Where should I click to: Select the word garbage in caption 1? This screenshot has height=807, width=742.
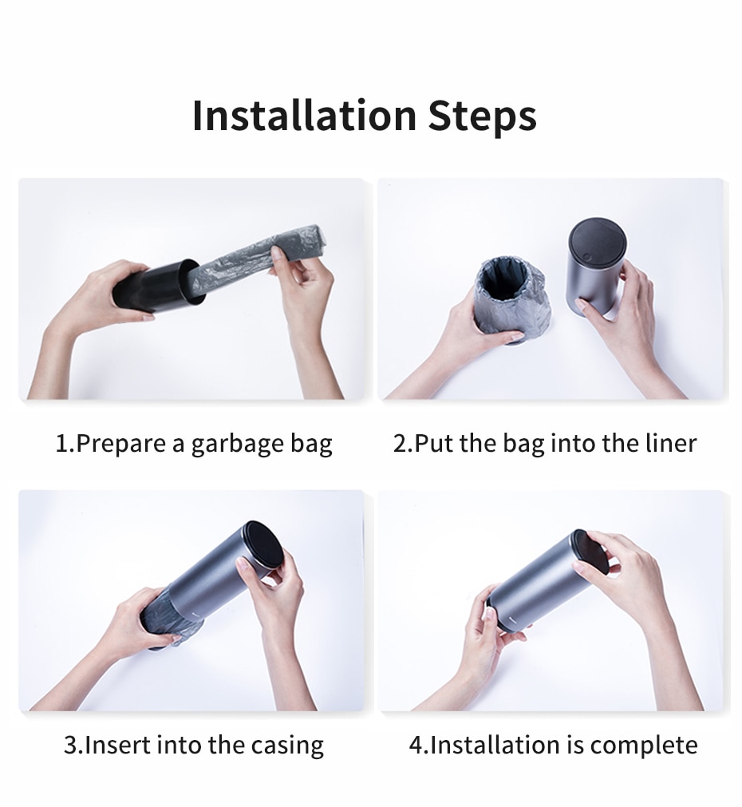click(236, 444)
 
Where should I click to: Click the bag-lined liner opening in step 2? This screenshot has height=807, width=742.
click(511, 275)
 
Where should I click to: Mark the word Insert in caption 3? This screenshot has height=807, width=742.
click(117, 746)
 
